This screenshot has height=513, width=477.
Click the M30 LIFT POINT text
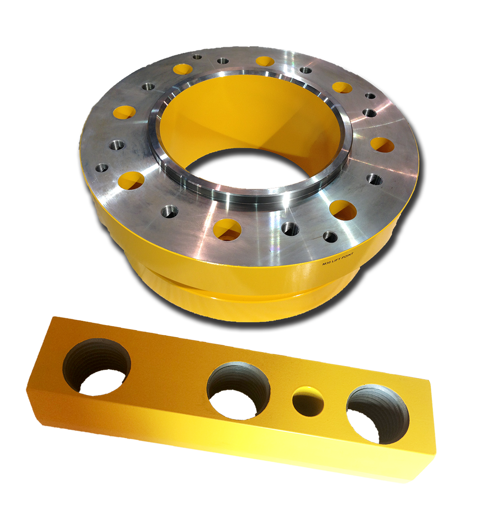pyautogui.click(x=338, y=258)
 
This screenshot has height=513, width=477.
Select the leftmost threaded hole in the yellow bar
pyautogui.click(x=97, y=367)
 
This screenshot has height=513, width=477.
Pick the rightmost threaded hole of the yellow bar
pyautogui.click(x=378, y=414)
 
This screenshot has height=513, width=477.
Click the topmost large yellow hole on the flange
pyautogui.click(x=265, y=61)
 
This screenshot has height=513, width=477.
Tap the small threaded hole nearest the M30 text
pyautogui.click(x=330, y=236)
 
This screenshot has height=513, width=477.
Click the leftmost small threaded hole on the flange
pyautogui.click(x=102, y=168)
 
